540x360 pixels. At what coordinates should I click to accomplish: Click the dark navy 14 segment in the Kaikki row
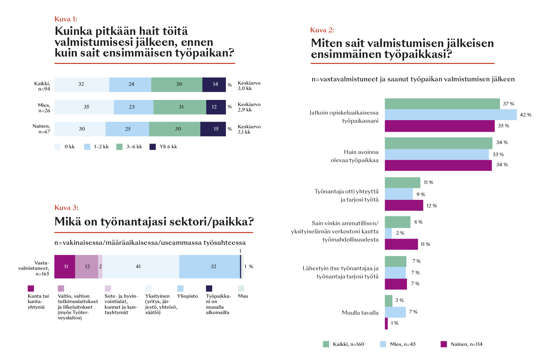coord(214,84)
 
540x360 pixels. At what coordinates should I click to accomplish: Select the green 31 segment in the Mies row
coord(180,107)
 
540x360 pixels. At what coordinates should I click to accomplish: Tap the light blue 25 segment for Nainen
coord(127,129)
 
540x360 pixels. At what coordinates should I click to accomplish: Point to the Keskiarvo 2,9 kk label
coord(249,107)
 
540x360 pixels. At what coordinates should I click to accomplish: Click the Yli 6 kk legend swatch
coord(152,147)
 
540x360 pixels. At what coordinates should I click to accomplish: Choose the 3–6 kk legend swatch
coord(119,147)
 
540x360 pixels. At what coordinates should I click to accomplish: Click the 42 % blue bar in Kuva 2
coord(451,115)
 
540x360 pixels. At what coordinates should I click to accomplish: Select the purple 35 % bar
coord(440,126)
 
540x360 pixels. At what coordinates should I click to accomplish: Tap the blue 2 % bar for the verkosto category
coord(388,233)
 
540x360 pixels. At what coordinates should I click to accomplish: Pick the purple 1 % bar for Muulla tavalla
coord(386,323)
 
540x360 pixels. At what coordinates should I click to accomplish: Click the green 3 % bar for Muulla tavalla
coord(388,301)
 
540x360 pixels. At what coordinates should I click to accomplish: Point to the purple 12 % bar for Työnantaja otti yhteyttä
coord(404,205)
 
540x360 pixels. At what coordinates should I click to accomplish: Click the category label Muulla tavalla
coord(360,313)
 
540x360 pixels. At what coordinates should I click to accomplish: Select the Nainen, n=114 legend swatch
coord(444,344)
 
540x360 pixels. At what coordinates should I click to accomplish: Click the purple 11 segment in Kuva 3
coord(65,267)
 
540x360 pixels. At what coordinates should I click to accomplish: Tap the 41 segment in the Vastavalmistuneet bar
coord(141,267)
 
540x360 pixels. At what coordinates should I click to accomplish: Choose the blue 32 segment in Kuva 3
coord(210,267)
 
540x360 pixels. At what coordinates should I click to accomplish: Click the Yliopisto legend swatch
coord(180,288)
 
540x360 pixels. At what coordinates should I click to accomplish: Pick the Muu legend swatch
coord(241,288)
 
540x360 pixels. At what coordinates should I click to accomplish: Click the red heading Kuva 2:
coord(322,30)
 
